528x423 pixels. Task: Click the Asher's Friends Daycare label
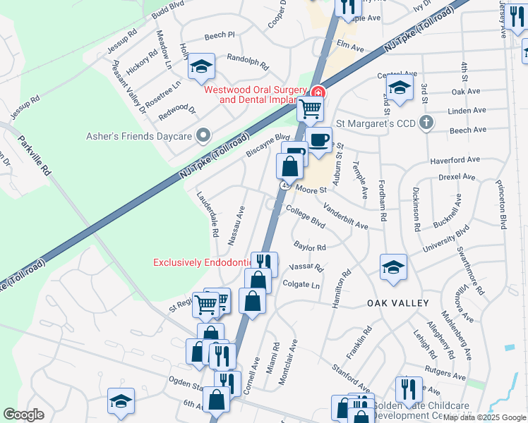point(140,135)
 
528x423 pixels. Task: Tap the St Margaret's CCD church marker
point(426,123)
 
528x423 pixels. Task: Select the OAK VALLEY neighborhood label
point(398,302)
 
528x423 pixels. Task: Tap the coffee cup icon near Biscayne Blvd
point(319,139)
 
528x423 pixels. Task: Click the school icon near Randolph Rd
point(201,67)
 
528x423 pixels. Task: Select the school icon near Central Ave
point(400,88)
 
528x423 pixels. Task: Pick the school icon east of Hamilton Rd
point(393,266)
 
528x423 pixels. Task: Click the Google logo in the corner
point(24,415)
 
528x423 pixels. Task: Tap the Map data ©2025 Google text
point(484,417)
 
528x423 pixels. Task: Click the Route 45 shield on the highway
point(286,185)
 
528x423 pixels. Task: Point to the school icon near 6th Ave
point(121,400)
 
